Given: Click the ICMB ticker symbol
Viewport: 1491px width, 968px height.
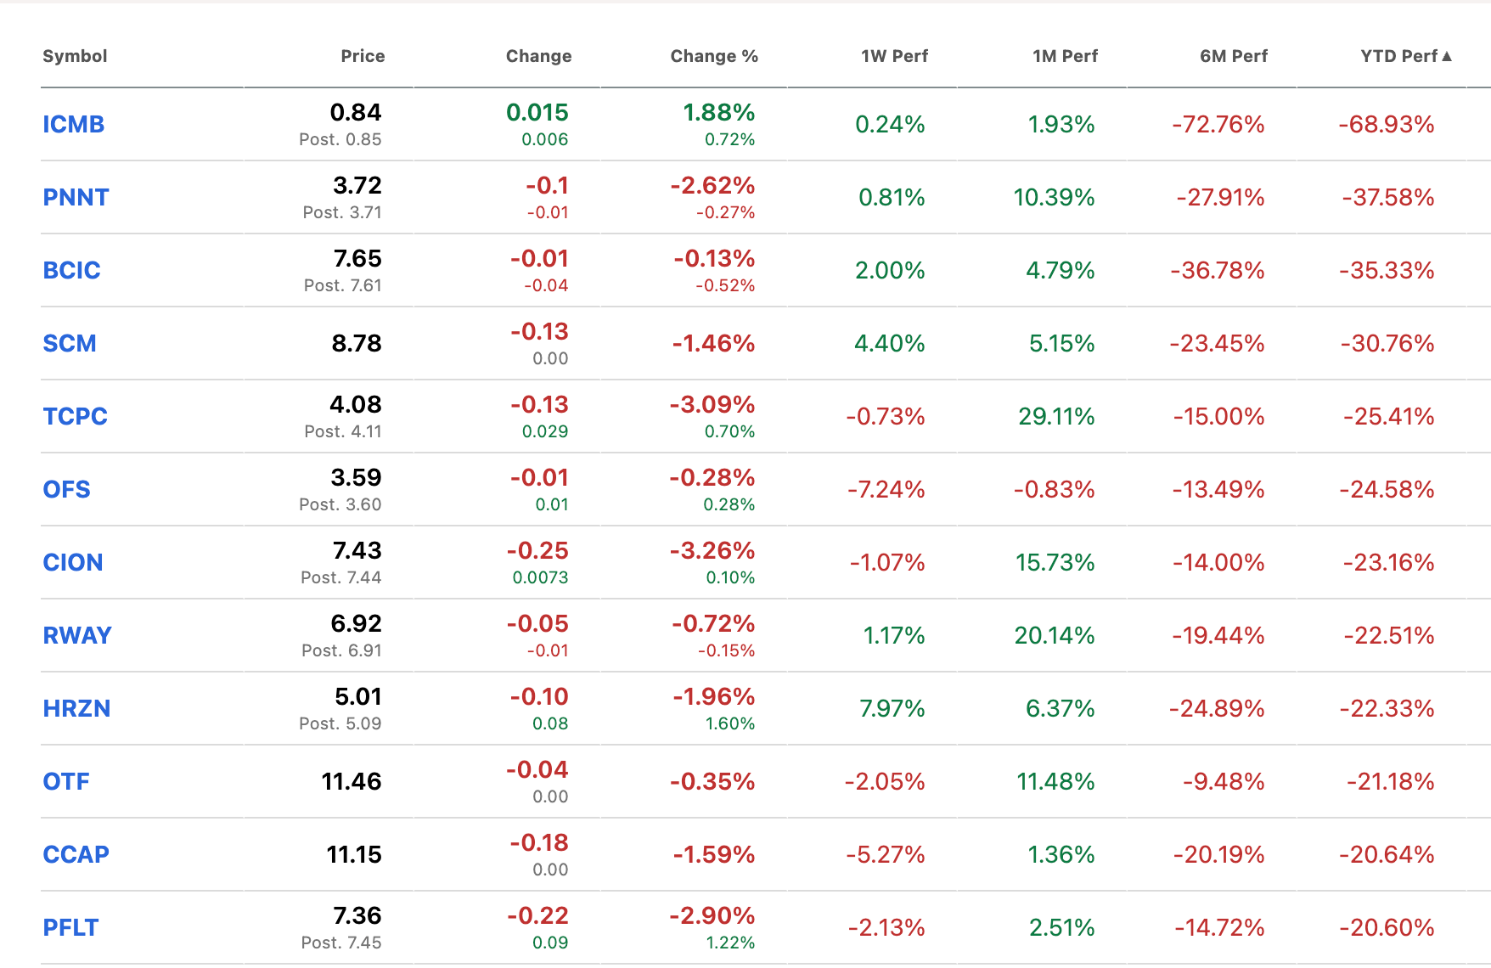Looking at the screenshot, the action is (74, 124).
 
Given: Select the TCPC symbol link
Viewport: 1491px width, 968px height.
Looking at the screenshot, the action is (76, 416).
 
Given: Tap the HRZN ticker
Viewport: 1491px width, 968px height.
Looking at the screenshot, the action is (76, 708).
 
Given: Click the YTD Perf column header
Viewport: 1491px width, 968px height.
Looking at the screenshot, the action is (1398, 56).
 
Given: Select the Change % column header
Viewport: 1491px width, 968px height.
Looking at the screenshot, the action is (714, 56).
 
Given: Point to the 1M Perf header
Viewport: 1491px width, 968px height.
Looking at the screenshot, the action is (1065, 56).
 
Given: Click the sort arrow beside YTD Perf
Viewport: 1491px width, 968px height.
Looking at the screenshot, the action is (1447, 56).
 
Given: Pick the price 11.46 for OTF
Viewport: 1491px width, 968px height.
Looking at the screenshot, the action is (352, 781).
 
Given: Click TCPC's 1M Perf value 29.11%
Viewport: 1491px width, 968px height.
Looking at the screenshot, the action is (1056, 416).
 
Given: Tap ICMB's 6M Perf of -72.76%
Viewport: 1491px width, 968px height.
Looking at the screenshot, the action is (1218, 124).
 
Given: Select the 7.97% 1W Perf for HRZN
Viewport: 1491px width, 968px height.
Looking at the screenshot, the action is (892, 708).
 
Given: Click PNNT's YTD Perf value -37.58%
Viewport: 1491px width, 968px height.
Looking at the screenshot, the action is (1388, 197).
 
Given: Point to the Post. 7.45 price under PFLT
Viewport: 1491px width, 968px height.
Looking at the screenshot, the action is (341, 943).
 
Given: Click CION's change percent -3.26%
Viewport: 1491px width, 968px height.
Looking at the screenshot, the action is (712, 550).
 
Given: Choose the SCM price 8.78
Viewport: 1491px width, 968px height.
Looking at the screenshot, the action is (357, 343).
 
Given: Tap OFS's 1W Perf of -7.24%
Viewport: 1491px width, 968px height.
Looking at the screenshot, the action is (886, 489).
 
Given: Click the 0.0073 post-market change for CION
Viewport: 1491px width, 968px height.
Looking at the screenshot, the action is (540, 577).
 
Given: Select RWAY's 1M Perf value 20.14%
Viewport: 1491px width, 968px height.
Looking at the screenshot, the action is (1055, 635).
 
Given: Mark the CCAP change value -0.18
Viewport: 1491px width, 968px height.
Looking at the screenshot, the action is (539, 842).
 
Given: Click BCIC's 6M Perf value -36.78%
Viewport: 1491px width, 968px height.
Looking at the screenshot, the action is (1218, 270).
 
